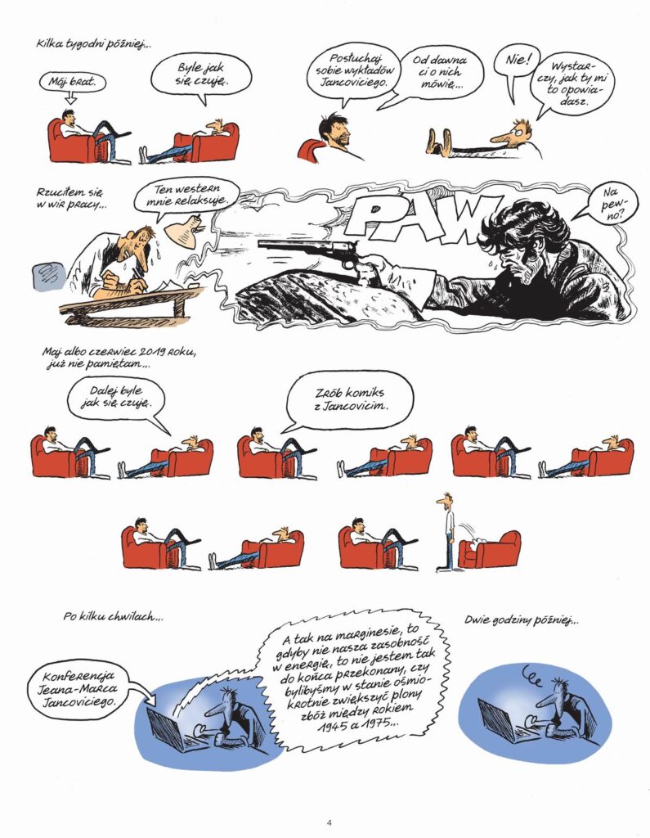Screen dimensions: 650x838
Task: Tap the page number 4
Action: point(329,822)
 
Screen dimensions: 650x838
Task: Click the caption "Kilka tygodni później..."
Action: point(94,45)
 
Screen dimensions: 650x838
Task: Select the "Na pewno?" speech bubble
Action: point(613,204)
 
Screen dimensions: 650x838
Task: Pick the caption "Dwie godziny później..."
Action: point(522,620)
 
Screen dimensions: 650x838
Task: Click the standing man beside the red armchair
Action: point(446,532)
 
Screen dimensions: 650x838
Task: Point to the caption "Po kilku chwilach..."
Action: point(113,617)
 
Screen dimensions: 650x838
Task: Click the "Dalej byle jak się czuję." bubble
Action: point(116,398)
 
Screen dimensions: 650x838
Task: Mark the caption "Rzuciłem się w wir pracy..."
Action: point(69,198)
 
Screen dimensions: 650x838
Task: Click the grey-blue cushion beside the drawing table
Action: point(50,275)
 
